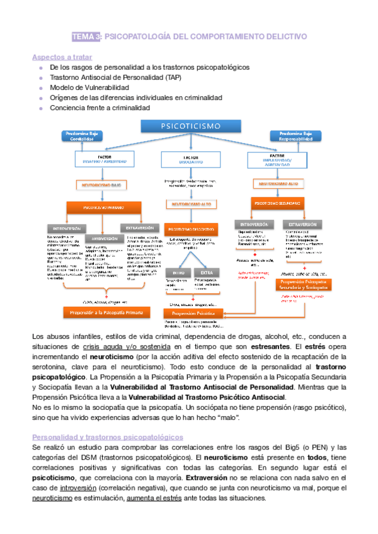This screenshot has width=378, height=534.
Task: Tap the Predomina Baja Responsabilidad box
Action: click(x=294, y=137)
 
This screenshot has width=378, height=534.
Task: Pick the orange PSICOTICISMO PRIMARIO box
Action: click(x=103, y=207)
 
